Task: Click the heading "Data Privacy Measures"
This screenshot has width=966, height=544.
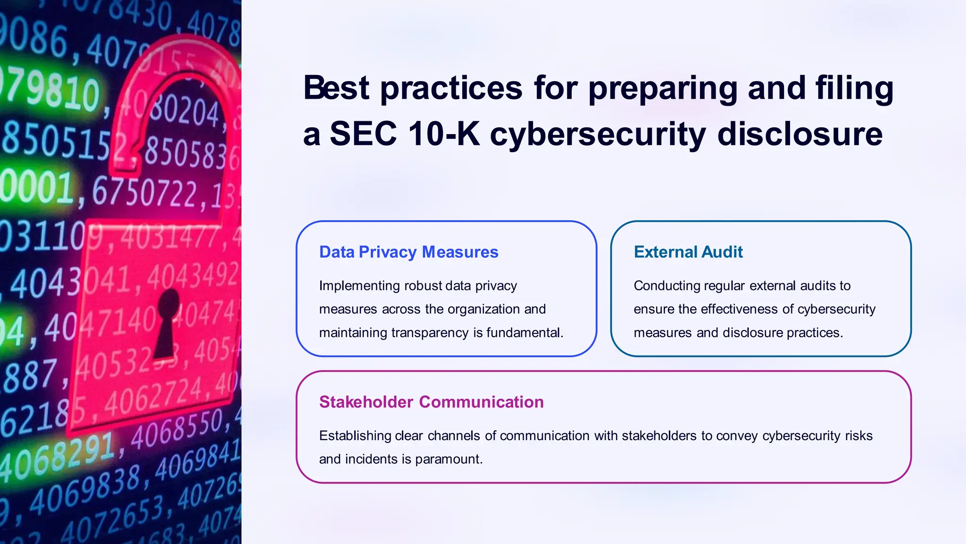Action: click(x=408, y=252)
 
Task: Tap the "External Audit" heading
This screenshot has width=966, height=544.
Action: click(x=688, y=252)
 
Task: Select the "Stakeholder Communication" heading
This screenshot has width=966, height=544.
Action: click(x=431, y=402)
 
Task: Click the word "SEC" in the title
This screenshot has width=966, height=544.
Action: click(x=363, y=134)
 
